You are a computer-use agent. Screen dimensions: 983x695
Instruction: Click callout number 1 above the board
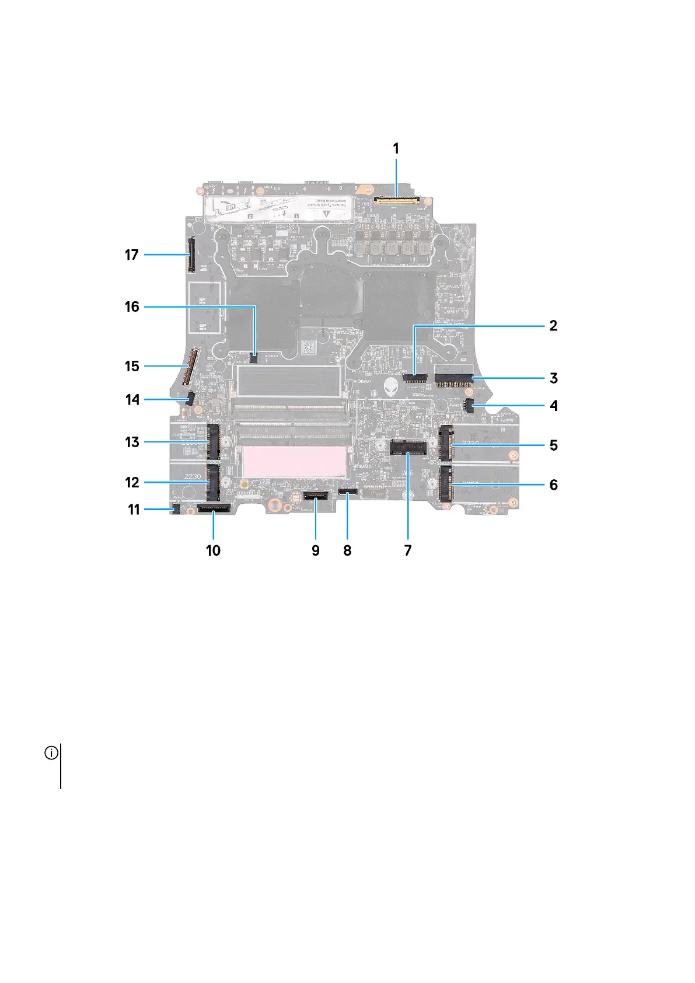(x=396, y=149)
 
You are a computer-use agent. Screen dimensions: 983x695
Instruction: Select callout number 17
(x=132, y=255)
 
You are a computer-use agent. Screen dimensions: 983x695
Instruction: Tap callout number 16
(x=132, y=306)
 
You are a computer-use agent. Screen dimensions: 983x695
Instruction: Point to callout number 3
(x=553, y=378)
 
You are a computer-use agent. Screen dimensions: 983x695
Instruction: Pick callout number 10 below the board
(x=213, y=550)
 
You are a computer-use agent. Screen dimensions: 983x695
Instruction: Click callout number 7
(x=407, y=550)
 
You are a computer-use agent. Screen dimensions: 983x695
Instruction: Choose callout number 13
(x=132, y=442)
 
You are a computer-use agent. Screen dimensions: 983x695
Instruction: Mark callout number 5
(x=553, y=445)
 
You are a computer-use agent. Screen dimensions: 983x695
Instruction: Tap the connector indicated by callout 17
(x=190, y=255)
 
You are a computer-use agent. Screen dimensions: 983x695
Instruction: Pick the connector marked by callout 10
(x=214, y=509)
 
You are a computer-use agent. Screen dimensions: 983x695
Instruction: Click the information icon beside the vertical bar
(x=51, y=753)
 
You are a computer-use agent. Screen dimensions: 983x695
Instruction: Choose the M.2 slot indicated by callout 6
(x=447, y=484)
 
